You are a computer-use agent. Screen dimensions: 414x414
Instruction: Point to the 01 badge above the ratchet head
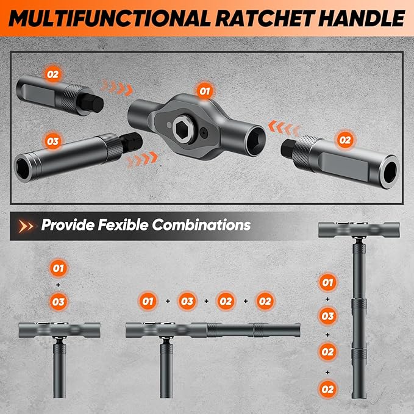[x=203, y=91]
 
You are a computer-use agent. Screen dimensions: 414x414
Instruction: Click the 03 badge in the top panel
[x=53, y=141]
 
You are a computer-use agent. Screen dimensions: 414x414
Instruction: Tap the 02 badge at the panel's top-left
[x=53, y=74]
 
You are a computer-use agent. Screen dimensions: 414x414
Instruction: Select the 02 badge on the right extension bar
[x=345, y=140]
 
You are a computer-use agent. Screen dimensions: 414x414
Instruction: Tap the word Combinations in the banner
[x=201, y=225]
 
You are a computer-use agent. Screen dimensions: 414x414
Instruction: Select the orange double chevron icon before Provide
[x=26, y=226]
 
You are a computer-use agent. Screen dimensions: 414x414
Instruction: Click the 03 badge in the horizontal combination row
[x=186, y=301]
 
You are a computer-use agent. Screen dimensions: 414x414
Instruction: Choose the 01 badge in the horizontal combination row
[x=147, y=301]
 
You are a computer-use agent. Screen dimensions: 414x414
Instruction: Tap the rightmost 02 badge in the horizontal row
[x=264, y=301]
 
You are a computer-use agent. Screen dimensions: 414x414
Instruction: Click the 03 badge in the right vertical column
[x=328, y=316]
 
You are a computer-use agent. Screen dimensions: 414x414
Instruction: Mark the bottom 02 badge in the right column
[x=328, y=387]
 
